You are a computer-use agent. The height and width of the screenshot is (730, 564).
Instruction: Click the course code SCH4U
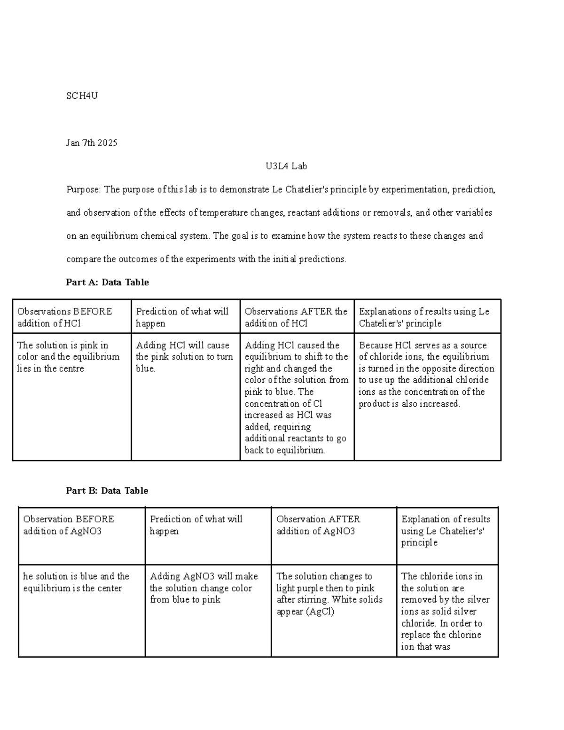point(82,96)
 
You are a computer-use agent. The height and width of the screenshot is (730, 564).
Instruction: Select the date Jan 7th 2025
point(92,143)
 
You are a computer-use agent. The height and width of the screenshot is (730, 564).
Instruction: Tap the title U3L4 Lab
point(286,166)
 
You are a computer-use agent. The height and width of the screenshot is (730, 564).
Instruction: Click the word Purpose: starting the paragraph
point(83,189)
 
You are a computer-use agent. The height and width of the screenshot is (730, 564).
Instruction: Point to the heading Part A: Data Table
point(107,282)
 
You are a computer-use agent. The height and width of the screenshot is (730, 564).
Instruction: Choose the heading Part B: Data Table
point(107,490)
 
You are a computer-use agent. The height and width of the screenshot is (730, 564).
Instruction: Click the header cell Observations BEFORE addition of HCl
point(64,317)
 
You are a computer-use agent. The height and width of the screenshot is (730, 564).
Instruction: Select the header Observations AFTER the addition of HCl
point(296,317)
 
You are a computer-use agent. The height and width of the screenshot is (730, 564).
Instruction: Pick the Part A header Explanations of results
point(424,317)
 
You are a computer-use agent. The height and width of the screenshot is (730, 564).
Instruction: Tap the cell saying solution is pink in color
point(68,357)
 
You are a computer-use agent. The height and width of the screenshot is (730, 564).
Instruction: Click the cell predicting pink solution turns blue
point(184,357)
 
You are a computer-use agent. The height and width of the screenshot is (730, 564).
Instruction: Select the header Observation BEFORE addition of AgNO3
point(69,525)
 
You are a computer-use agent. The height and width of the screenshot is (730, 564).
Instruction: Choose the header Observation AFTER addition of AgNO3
point(318,525)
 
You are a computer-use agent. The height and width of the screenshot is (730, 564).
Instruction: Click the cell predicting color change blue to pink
point(204,588)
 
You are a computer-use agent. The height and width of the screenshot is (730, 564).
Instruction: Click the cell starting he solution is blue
point(76,582)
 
